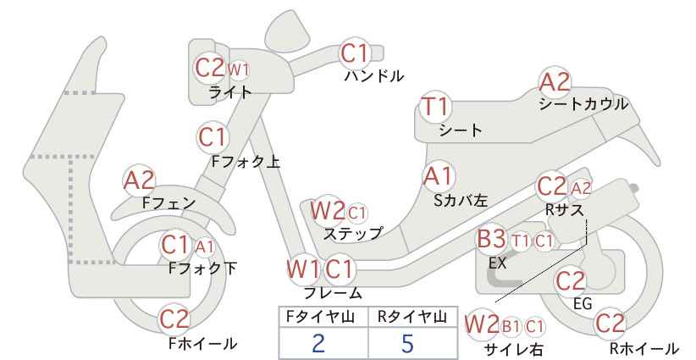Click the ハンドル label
(374, 76)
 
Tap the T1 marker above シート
(435, 107)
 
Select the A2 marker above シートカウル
(555, 82)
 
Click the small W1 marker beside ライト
(239, 69)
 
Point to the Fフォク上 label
(246, 161)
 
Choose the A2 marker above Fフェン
(139, 180)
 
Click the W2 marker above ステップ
(328, 210)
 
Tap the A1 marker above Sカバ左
(438, 176)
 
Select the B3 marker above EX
(491, 239)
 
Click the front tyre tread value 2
(318, 343)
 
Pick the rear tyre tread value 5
(407, 343)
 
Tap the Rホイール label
(644, 348)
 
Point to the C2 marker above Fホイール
(174, 318)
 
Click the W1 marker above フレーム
(304, 269)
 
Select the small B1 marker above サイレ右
(511, 327)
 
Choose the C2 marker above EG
(571, 281)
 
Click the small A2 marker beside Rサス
(581, 188)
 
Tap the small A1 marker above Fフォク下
(205, 246)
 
